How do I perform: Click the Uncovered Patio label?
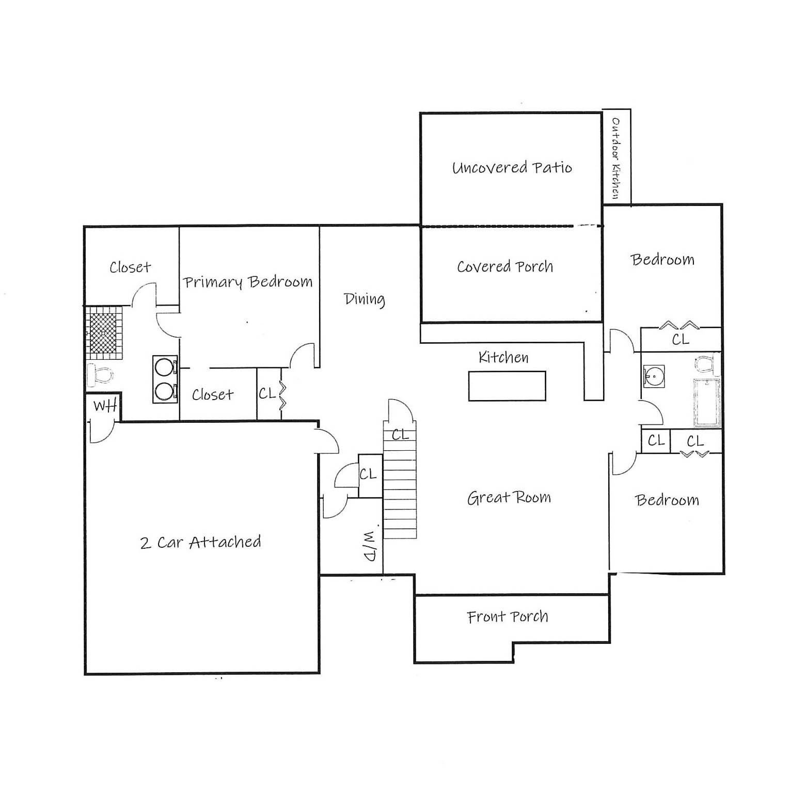point(512,168)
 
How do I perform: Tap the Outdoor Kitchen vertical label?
point(616,158)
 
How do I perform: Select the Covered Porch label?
point(504,266)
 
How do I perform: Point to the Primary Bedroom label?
point(248,282)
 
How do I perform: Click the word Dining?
point(365,299)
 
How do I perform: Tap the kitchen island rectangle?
point(507,386)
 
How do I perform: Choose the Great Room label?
point(509,497)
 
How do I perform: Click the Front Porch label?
point(507,616)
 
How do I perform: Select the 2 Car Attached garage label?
point(200,542)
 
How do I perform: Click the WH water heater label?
point(105,406)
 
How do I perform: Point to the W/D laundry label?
point(371,545)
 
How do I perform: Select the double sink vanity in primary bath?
point(165,379)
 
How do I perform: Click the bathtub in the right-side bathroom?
point(707,403)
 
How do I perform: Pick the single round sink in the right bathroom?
point(654,376)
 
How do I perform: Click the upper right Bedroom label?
point(662,259)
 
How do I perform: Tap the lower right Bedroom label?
point(667,500)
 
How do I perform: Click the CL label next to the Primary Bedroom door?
point(267,393)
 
